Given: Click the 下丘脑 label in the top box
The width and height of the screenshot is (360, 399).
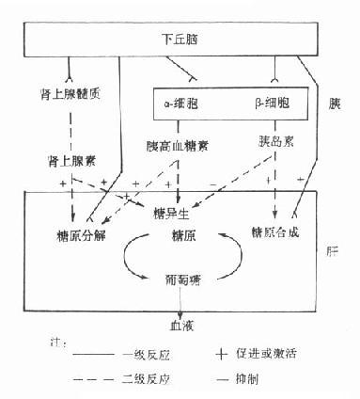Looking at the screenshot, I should tap(174, 40).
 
